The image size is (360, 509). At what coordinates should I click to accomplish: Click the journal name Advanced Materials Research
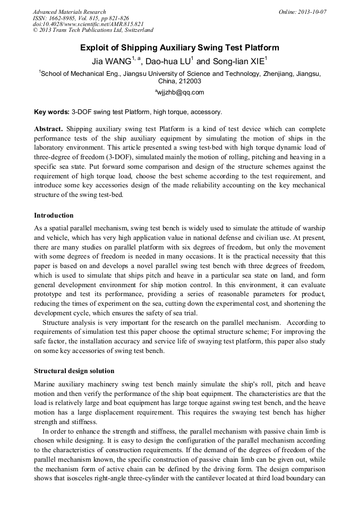69,12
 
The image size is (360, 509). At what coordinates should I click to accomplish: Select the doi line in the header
88,24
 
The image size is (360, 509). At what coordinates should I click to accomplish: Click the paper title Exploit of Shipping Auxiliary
179,48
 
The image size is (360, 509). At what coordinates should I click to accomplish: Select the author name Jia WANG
110,62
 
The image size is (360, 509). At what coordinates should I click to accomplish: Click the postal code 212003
190,82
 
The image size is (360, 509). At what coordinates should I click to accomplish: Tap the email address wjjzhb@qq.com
181,92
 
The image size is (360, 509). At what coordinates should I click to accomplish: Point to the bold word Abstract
48,129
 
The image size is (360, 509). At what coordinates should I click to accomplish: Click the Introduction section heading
54,215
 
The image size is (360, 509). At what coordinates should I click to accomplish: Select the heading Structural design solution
74,370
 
